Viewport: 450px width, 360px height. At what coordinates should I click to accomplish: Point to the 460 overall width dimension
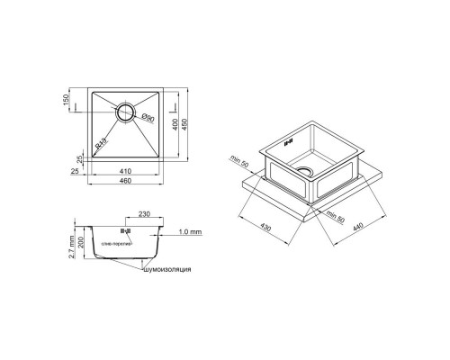click(126, 182)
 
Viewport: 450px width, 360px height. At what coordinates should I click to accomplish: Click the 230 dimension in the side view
click(145, 216)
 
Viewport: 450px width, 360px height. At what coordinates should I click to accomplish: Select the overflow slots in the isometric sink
click(288, 140)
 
